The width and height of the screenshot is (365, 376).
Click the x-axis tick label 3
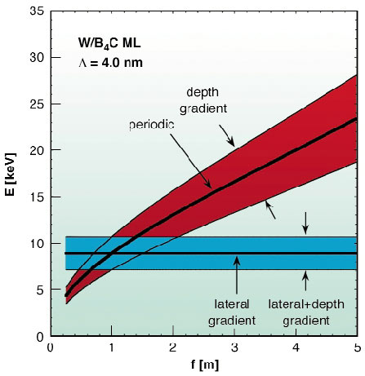point(234,347)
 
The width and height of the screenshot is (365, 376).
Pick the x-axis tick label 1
point(112,347)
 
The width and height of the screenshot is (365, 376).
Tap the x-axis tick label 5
point(356,347)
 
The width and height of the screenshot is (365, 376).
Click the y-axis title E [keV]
point(11,174)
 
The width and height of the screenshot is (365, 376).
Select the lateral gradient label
point(237,307)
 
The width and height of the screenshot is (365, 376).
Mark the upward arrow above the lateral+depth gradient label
point(305,280)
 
